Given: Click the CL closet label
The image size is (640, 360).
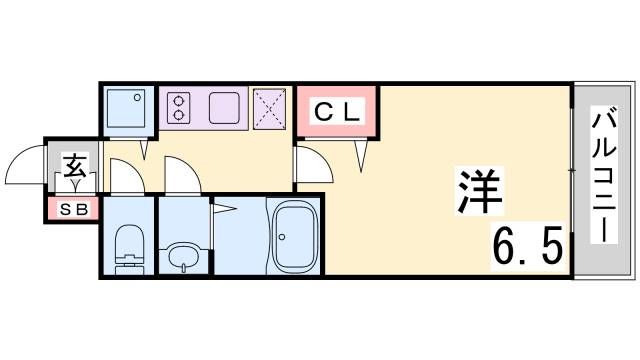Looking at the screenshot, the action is point(336,111).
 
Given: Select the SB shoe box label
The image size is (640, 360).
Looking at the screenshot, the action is point(72,210).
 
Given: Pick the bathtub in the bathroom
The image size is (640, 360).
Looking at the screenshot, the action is point(293,237).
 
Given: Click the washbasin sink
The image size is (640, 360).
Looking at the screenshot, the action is point(182,255).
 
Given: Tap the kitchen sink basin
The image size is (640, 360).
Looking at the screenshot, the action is point(223,108).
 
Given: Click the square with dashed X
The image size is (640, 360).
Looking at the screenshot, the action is point(269,108).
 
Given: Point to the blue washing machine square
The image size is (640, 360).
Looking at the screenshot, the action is point(126,108).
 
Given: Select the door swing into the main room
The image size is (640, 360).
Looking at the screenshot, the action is point(308,165).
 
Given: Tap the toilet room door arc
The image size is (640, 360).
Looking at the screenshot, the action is point(125,176).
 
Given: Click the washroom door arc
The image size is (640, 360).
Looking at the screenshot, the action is point(181,176).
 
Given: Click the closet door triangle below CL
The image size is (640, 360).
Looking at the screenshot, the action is point(363,153).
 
